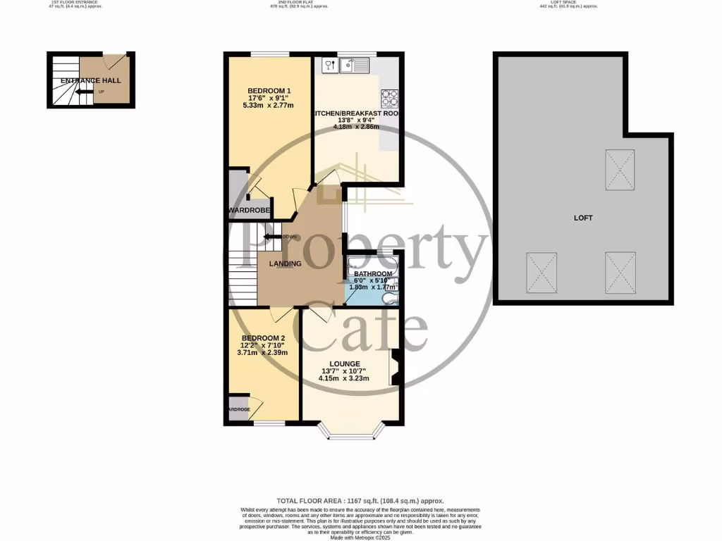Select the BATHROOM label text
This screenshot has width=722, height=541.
tap(373, 274)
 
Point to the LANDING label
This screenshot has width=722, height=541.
tap(286, 264)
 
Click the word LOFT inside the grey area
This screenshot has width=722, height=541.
tap(583, 218)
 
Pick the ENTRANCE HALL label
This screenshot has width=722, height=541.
tap(90, 80)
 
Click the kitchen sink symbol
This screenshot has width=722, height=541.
tap(354, 66)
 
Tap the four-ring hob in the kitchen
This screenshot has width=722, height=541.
tap(390, 98)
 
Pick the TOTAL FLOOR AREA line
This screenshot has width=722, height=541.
tap(360, 500)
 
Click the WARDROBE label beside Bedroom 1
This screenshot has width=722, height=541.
tap(245, 211)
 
